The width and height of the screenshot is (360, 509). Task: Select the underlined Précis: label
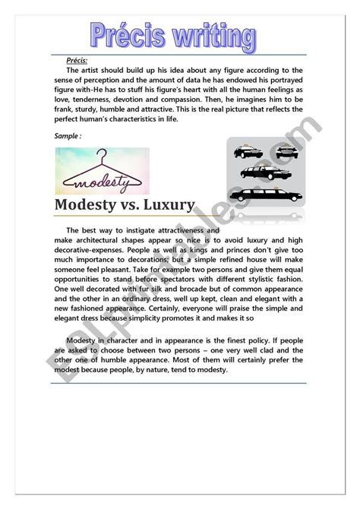(77, 60)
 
